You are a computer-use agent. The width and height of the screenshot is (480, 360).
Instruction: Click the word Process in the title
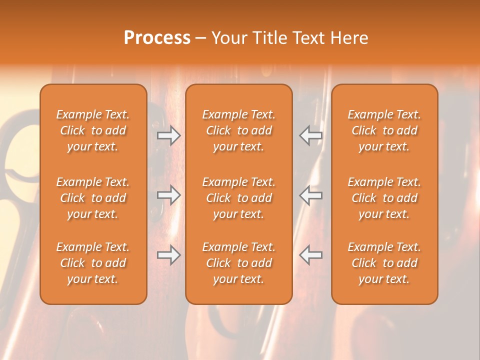point(157,38)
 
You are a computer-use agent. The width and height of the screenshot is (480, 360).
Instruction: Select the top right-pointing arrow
point(169,135)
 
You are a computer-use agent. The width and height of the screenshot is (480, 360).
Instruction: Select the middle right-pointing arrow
point(169,195)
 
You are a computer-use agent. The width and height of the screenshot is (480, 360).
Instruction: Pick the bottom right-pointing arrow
point(169,255)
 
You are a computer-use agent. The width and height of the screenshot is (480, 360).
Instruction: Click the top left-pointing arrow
point(310,135)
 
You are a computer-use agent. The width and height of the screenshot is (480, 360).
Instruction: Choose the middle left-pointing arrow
point(310,195)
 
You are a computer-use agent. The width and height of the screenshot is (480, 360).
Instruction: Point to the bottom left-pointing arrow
point(310,255)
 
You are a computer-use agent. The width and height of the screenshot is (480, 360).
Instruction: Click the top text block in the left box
point(93,130)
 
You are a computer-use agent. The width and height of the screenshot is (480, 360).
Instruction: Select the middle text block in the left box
point(93,198)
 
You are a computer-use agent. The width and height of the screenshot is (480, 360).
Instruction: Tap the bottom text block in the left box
point(93,263)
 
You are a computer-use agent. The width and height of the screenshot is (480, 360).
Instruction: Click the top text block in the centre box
point(238,130)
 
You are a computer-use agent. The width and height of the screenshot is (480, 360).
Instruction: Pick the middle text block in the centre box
point(238,198)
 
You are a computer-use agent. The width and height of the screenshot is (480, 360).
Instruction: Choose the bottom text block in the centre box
point(238,263)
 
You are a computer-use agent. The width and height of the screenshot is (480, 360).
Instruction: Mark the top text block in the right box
point(384,130)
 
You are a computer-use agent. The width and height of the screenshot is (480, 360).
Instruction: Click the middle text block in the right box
point(384,198)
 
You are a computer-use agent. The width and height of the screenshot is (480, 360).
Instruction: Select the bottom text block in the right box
point(384,263)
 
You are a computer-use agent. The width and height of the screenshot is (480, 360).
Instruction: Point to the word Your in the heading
point(229,38)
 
